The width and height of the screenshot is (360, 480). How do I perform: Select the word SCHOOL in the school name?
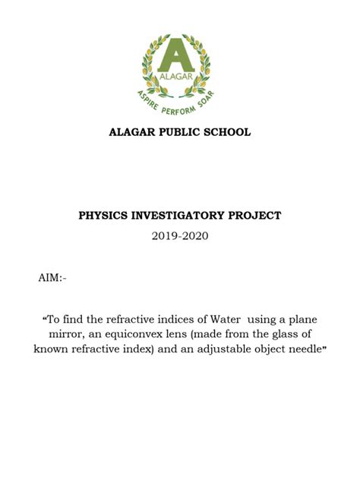[x=226, y=133]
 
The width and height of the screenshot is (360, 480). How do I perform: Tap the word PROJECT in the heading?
[x=256, y=216]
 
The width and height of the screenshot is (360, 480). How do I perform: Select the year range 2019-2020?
[x=180, y=236]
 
